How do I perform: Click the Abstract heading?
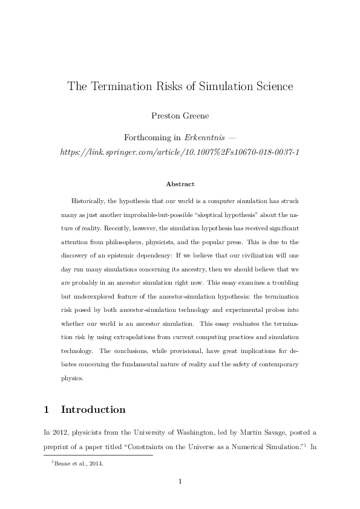pyautogui.click(x=180, y=184)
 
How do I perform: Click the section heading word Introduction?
pyautogui.click(x=93, y=409)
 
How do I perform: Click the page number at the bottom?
pyautogui.click(x=180, y=481)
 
